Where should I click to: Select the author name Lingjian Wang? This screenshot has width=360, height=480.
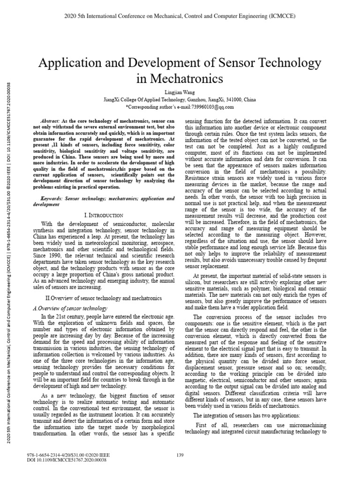(180, 92)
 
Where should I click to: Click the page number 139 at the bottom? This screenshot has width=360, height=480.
(180, 455)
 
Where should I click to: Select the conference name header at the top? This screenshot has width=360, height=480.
(180, 16)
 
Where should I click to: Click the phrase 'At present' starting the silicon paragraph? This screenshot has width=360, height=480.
(205, 277)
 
